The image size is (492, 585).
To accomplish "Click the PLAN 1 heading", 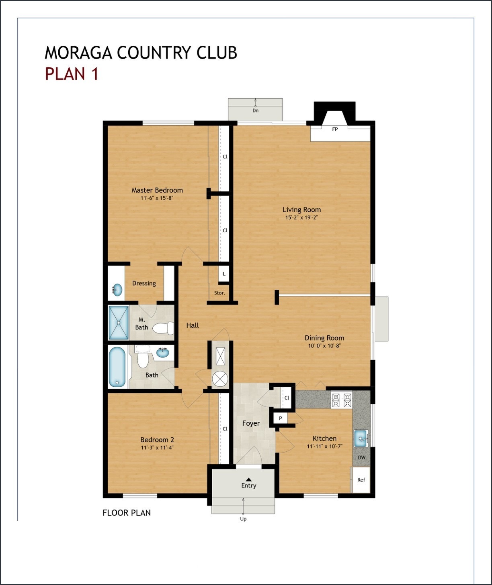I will [72, 74].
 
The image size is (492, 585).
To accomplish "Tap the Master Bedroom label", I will [157, 190].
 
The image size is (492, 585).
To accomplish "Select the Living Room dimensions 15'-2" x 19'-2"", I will [301, 217].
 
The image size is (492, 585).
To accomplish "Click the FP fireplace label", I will [335, 129].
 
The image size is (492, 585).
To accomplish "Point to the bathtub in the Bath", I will [117, 367].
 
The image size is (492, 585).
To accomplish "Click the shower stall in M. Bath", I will [119, 322].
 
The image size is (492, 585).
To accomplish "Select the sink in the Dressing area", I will [117, 289].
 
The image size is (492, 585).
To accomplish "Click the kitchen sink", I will [361, 438].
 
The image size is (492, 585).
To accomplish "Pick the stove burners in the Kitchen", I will [341, 400].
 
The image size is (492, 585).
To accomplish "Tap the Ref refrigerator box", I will [361, 480].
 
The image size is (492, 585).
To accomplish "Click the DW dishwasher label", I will [362, 457].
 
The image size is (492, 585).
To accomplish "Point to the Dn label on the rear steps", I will [255, 110].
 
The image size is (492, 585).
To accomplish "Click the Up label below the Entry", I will [243, 519].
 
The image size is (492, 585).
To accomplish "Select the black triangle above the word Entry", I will [249, 479].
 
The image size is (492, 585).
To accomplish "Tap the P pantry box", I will [281, 418].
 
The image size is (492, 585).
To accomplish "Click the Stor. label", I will [219, 293].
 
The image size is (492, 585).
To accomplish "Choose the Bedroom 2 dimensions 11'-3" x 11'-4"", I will [157, 448].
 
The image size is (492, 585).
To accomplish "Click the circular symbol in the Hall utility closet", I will [220, 378].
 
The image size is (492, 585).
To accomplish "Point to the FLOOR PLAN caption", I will [127, 513].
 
